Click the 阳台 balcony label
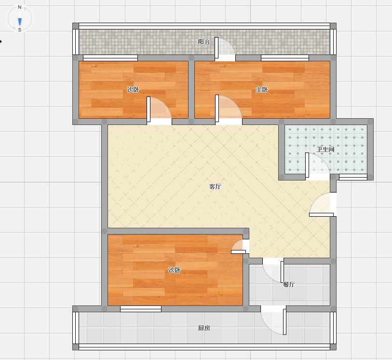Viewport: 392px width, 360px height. click(x=204, y=42)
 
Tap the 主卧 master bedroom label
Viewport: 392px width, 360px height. click(x=261, y=89)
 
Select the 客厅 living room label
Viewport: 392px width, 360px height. click(x=215, y=186)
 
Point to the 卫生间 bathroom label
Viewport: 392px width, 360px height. click(x=325, y=150)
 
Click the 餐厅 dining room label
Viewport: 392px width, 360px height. click(x=289, y=284)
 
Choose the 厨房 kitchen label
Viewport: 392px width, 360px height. click(x=204, y=328)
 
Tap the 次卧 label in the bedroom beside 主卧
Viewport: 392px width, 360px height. click(x=133, y=89)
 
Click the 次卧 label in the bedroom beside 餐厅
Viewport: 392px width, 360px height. click(x=175, y=270)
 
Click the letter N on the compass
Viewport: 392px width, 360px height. click(x=20, y=7)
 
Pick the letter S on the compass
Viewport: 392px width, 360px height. click(x=20, y=30)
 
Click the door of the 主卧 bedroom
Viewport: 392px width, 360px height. click(x=229, y=110)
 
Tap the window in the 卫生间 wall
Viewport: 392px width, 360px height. click(x=353, y=177)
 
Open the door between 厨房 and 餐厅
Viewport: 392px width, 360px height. click(x=273, y=320)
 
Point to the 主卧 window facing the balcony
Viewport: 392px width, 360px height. click(x=285, y=58)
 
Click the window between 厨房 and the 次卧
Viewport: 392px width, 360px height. click(x=141, y=309)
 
